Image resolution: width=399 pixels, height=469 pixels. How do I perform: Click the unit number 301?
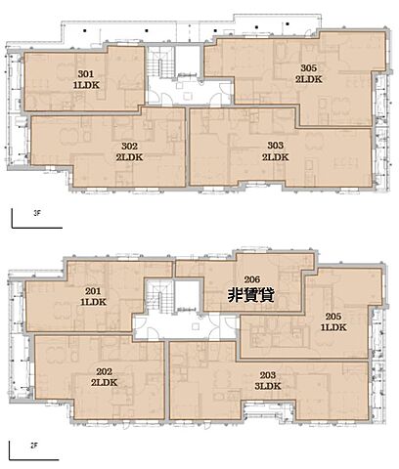[86, 74]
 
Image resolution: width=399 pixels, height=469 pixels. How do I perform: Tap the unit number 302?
[129, 146]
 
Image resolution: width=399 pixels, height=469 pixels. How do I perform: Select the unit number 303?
[276, 146]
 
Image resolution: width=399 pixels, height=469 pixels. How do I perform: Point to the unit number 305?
[309, 67]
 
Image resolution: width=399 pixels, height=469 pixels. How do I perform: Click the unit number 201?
[93, 291]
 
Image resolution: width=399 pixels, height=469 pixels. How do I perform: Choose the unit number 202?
[105, 371]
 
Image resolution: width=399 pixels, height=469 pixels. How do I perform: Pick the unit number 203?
[268, 375]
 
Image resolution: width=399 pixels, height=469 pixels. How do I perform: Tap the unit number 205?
[333, 317]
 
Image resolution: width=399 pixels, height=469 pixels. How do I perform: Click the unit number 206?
[252, 279]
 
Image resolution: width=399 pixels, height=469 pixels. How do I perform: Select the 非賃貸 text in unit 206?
[251, 295]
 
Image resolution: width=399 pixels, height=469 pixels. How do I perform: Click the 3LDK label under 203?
[268, 386]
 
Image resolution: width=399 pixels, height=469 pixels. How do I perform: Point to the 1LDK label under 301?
[86, 85]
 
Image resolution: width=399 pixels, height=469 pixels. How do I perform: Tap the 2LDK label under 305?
[309, 79]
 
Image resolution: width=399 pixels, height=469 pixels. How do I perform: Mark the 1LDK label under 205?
[333, 327]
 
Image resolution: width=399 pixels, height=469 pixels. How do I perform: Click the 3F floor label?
[37, 214]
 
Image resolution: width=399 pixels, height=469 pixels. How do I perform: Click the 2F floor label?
[34, 446]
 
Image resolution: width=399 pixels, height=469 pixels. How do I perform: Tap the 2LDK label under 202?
[105, 383]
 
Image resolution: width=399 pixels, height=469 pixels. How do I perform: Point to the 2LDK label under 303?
[276, 157]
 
